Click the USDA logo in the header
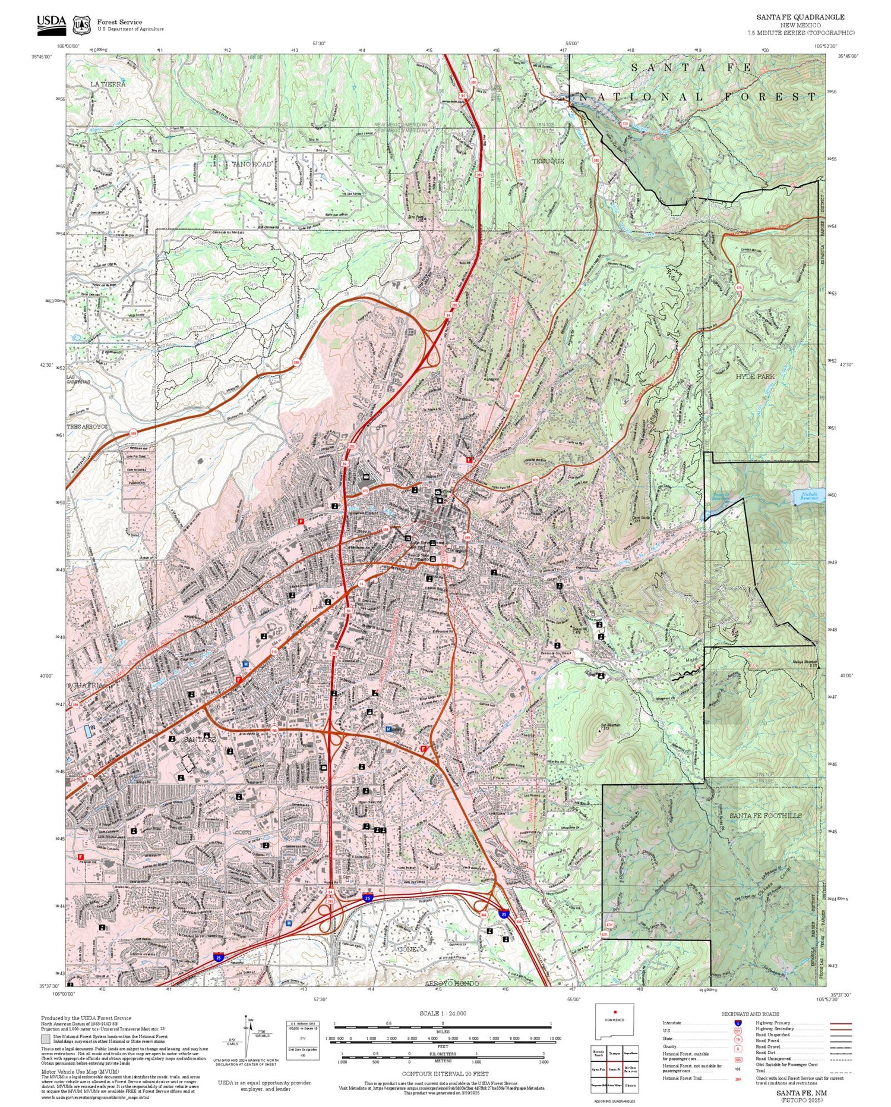(x=52, y=23)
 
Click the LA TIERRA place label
(x=108, y=84)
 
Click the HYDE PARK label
(x=755, y=377)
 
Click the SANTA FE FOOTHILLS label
(x=765, y=816)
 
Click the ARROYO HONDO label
(x=452, y=984)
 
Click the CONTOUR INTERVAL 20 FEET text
(x=445, y=1074)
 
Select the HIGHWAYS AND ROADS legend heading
(x=750, y=1014)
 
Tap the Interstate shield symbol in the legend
(x=738, y=1023)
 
